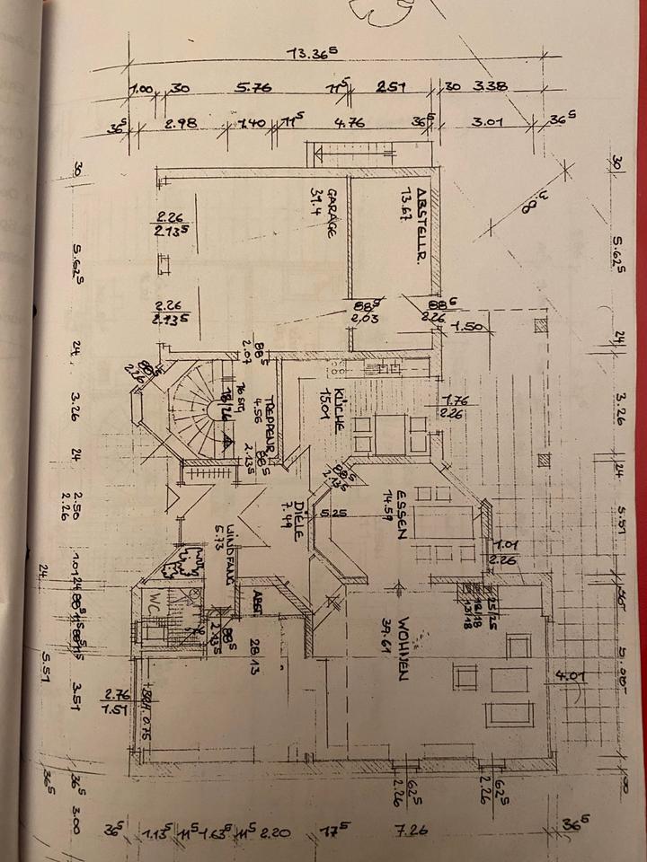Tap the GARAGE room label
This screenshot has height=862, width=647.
point(331,214)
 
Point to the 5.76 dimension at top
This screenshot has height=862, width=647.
point(253,89)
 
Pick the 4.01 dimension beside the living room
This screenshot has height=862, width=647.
point(569,676)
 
